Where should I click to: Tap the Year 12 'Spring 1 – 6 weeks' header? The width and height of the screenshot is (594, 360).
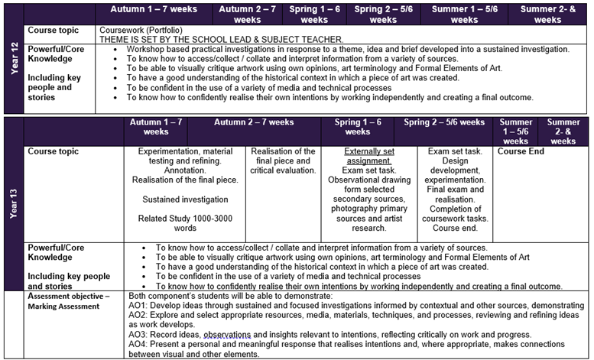316,15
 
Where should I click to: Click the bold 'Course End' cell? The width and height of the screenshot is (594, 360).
521,152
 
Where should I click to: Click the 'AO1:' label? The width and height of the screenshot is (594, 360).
139,305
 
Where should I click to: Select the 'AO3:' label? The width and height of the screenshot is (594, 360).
139,335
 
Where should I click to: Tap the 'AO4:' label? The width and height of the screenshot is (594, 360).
139,345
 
